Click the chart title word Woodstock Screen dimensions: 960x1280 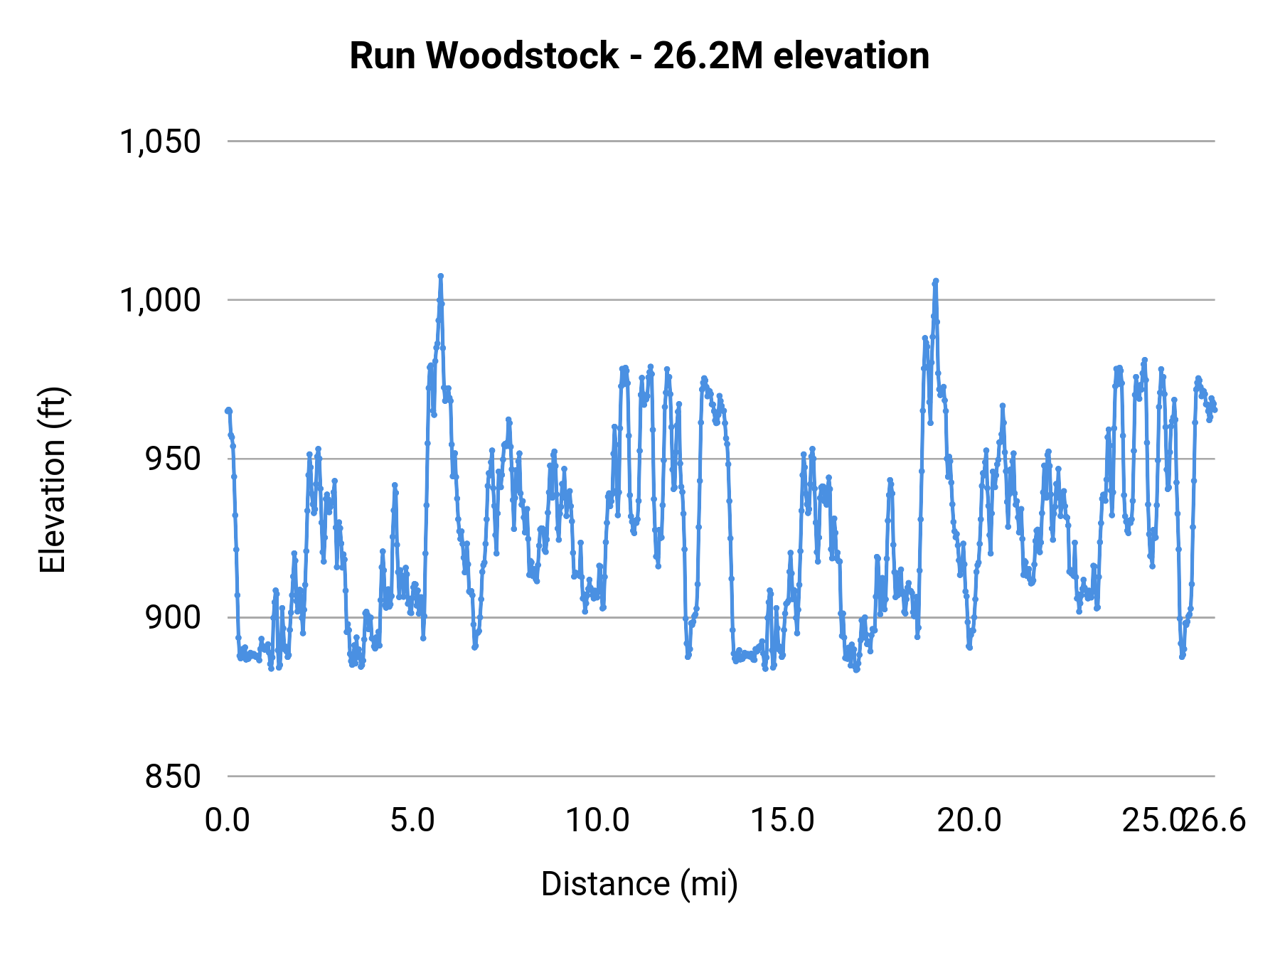pos(522,56)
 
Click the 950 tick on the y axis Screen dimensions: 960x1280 pos(173,459)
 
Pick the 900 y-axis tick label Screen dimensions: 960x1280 pos(173,618)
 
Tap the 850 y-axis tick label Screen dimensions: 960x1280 pos(173,777)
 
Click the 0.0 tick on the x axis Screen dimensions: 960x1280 pos(228,821)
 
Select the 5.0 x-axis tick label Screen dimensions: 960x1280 pos(413,821)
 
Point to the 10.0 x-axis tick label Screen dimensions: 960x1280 pos(598,821)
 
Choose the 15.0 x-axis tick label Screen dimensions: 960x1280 pos(783,821)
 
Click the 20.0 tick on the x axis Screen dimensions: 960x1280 pos(969,821)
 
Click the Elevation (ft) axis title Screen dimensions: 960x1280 pos(53,480)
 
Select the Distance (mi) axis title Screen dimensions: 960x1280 pos(639,884)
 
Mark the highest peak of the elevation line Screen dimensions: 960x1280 pos(441,276)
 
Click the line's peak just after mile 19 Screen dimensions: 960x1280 pos(936,281)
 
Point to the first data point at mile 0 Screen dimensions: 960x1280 pos(228,410)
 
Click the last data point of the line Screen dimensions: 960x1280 pos(1215,410)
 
